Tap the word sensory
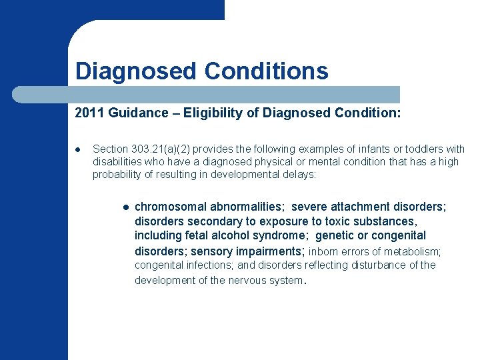coord(210,251)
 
